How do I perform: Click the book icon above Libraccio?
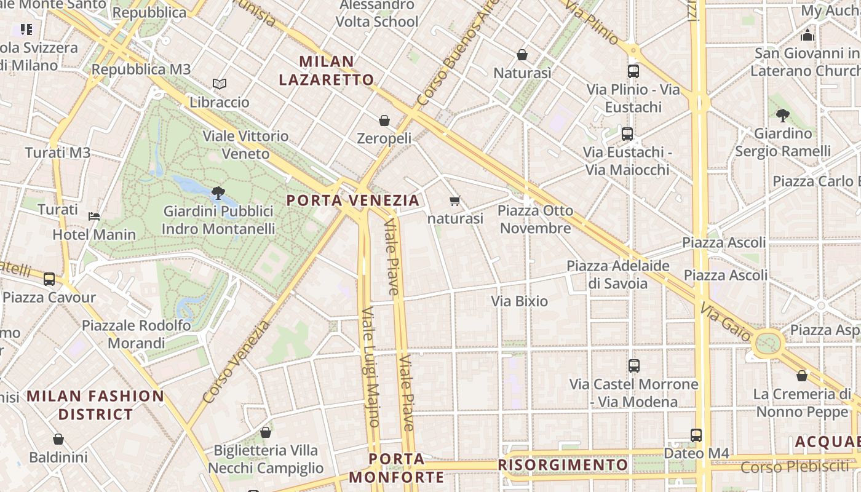pos(220,84)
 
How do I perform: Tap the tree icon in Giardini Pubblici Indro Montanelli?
pos(218,193)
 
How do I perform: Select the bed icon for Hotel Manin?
pos(94,216)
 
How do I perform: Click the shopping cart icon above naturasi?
pos(455,200)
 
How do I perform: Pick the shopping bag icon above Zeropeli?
pos(384,121)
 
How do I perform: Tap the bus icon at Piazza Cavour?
pos(49,279)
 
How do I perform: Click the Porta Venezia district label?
pos(353,200)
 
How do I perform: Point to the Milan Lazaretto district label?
pos(326,70)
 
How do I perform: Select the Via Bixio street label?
pos(519,301)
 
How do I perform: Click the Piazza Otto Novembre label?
pos(535,220)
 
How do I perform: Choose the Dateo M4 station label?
pos(696,454)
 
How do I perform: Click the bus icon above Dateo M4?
pos(696,435)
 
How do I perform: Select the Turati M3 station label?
pos(58,153)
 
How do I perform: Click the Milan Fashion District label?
pos(95,405)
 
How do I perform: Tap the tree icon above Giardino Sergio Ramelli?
pos(783,115)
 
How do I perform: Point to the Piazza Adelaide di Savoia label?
pos(618,274)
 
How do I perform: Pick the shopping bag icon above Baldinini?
pos(58,439)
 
